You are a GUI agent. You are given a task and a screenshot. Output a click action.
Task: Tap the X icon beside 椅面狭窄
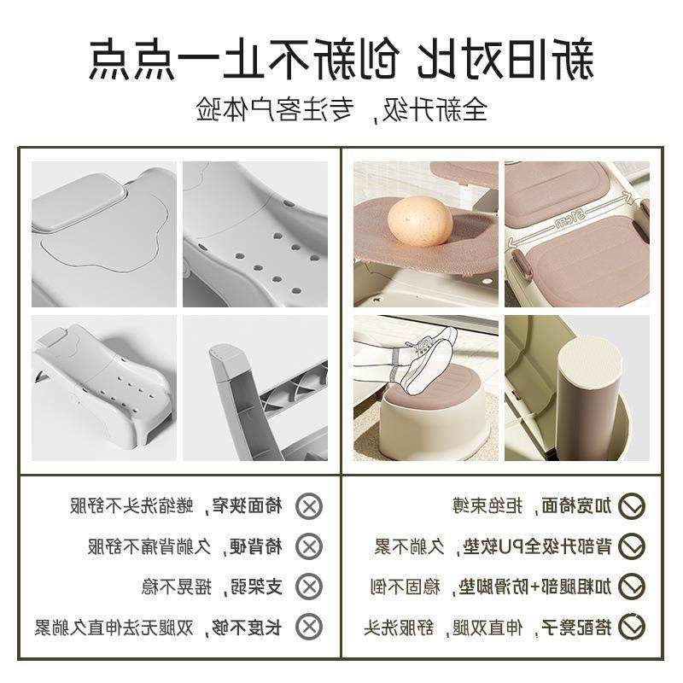tap(309, 506)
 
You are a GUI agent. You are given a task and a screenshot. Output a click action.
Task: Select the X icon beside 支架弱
tap(309, 587)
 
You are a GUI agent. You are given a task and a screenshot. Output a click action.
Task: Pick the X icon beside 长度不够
tap(309, 627)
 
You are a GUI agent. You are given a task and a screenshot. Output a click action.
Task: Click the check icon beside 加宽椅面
tap(631, 506)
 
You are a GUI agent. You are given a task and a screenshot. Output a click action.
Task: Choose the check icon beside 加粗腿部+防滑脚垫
tap(631, 587)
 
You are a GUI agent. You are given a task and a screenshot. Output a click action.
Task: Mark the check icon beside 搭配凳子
tap(631, 627)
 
